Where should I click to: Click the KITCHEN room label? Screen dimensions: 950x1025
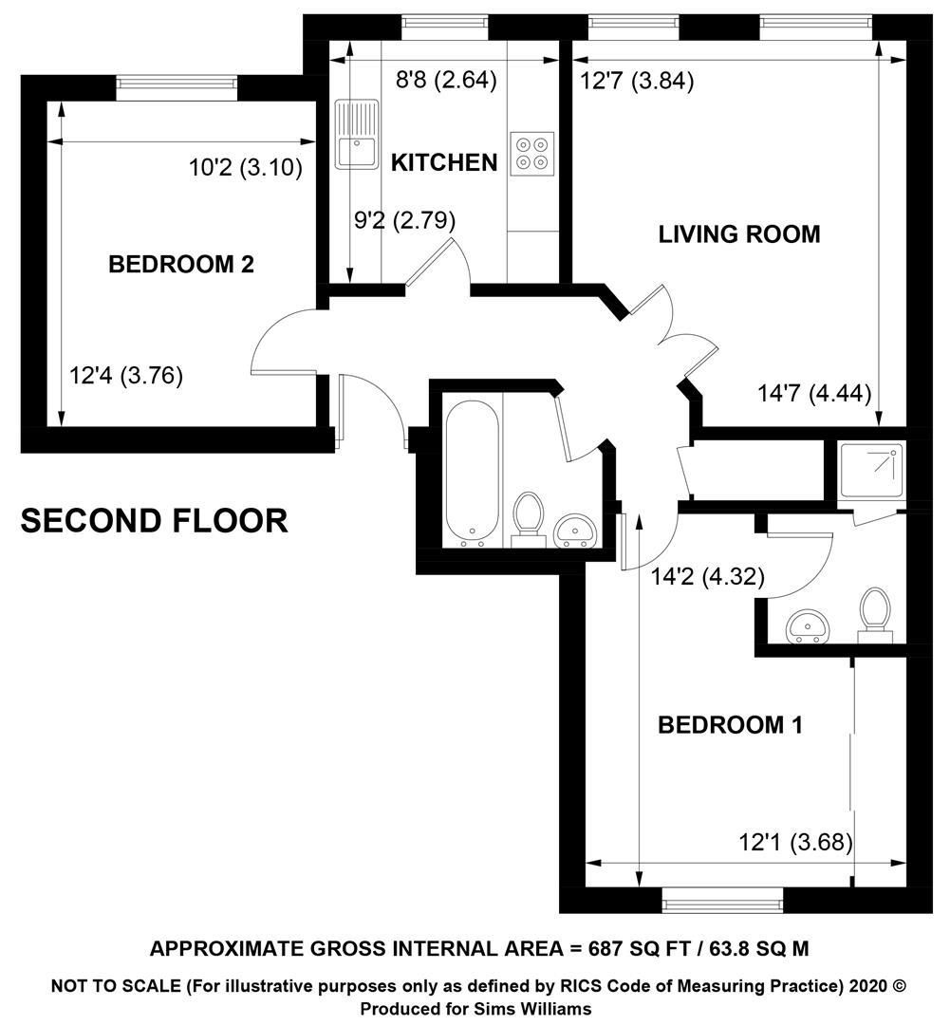click(444, 162)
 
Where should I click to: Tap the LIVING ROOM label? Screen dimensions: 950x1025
click(738, 234)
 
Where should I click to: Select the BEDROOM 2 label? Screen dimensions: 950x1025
click(181, 264)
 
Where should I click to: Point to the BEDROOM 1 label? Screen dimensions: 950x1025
click(730, 724)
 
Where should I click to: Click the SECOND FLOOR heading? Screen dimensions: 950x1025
click(155, 521)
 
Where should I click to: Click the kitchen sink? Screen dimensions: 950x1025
click(357, 134)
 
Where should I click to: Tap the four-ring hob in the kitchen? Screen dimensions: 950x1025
click(531, 154)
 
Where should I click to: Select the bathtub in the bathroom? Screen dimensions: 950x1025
click(472, 473)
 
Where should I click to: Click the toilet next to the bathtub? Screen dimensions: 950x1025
click(529, 520)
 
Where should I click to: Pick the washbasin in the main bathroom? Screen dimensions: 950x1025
click(575, 530)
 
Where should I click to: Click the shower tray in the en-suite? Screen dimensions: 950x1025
click(871, 470)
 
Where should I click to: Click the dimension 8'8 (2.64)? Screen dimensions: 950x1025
click(447, 80)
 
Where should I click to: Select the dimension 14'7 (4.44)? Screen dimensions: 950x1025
click(814, 394)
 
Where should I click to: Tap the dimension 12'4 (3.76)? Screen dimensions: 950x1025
click(126, 376)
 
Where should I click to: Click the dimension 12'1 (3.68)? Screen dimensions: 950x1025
click(795, 842)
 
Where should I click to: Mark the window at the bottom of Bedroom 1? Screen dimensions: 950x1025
click(722, 904)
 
